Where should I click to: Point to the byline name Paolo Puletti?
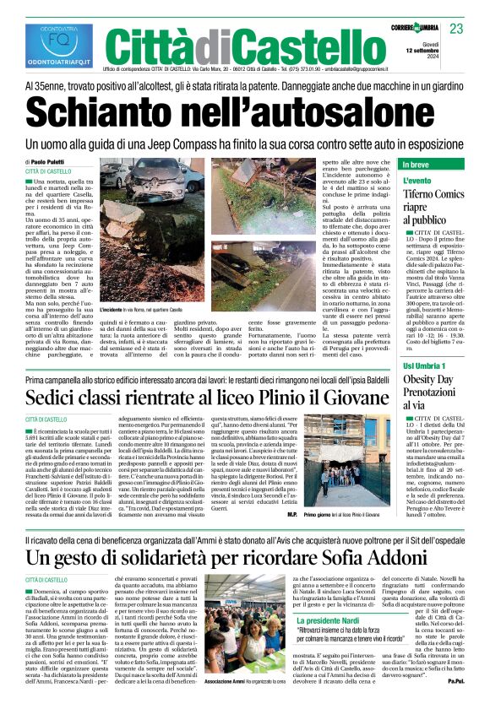(50, 161)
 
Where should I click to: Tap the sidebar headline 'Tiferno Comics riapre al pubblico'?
(410, 208)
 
